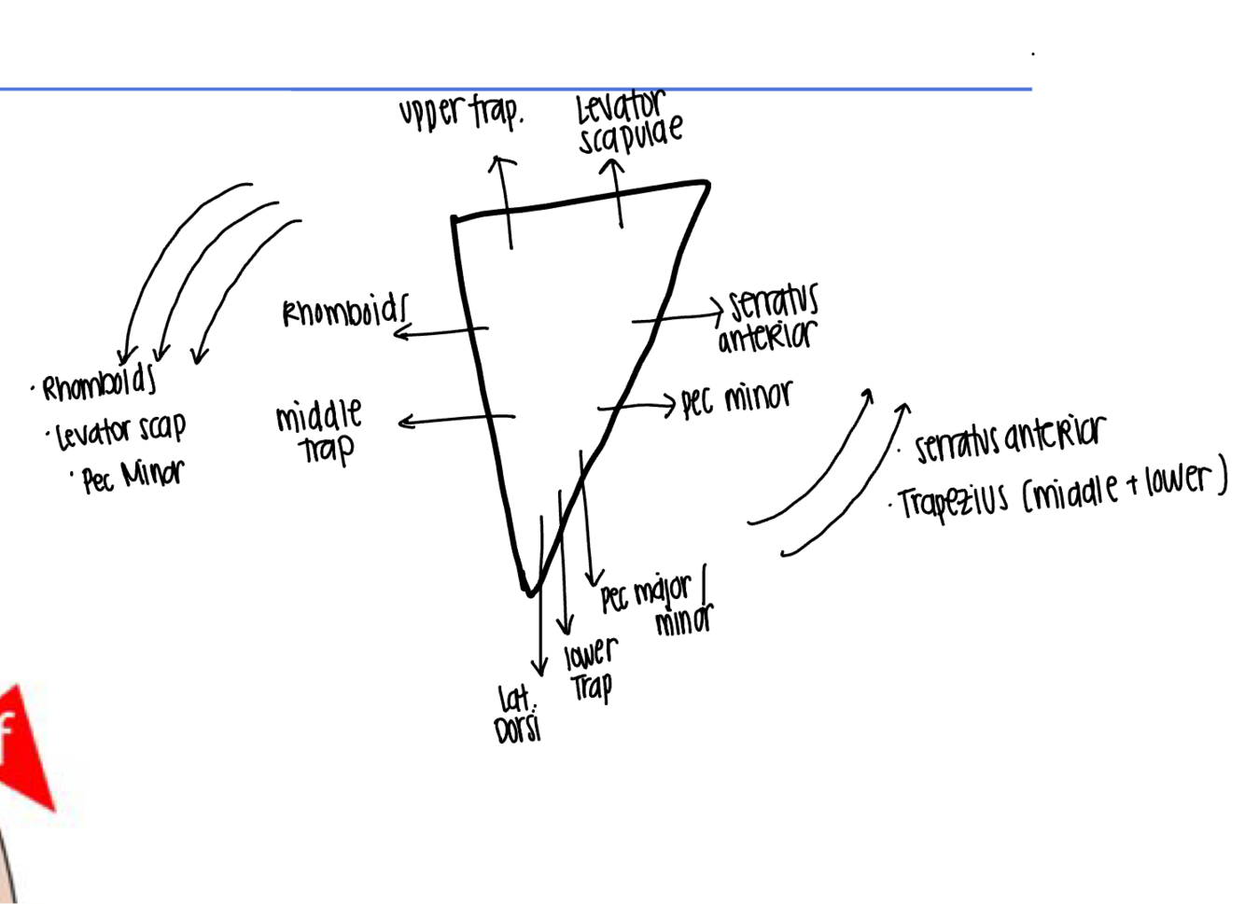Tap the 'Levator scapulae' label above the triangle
click(x=628, y=124)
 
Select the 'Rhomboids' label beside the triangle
click(x=345, y=312)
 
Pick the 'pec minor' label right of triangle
click(x=736, y=399)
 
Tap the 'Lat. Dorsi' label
click(x=518, y=714)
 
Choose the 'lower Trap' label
click(x=590, y=670)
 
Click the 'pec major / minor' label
click(x=656, y=605)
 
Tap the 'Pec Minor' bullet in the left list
click(x=133, y=476)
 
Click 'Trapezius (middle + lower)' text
click(x=1062, y=492)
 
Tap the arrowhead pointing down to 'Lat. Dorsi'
click(x=539, y=669)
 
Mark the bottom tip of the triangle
click(x=529, y=591)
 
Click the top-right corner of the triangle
click(x=707, y=186)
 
